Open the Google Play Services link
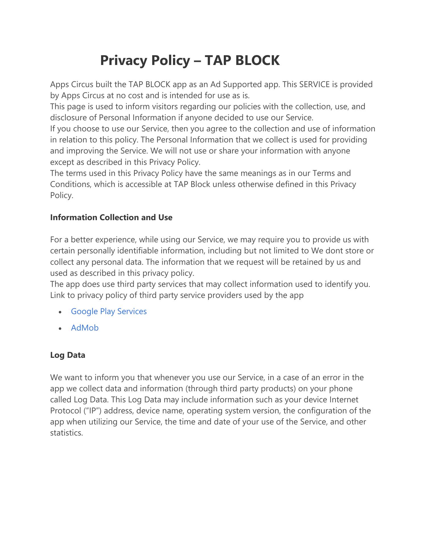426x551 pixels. pos(109,311)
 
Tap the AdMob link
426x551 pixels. pos(85,328)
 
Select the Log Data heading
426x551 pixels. pos(68,355)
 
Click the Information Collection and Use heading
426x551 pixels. pos(111,217)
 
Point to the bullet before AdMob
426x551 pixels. pos(60,328)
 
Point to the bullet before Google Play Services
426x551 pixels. pos(60,312)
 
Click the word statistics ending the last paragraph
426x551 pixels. pos(66,433)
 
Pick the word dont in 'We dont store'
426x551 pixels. pos(334,251)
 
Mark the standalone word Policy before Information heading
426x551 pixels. pos(61,195)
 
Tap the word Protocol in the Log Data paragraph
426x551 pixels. pos(65,411)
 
